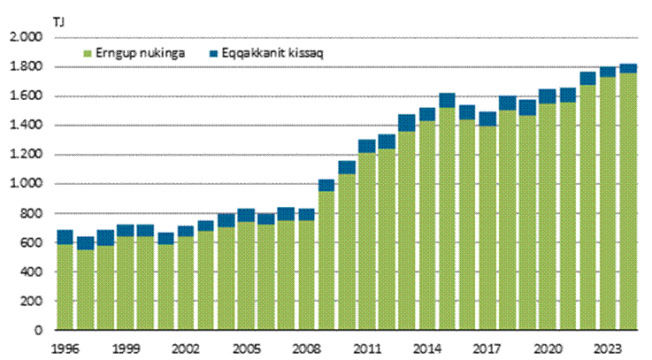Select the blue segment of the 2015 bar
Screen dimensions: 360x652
tap(446, 101)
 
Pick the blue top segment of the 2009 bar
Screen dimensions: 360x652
tap(326, 185)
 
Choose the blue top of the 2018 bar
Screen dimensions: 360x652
tap(507, 103)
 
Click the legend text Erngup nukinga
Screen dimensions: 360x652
tap(130, 55)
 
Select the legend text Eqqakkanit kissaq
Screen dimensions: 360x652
tap(253, 55)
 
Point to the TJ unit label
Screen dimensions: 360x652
tap(34, 19)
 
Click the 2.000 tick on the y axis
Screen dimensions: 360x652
tap(25, 38)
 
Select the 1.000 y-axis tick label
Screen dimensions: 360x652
tap(25, 184)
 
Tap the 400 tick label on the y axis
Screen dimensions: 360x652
tap(31, 272)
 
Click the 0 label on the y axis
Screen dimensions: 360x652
tap(38, 330)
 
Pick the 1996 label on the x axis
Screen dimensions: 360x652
tap(65, 348)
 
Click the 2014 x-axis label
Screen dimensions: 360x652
tap(427, 348)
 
